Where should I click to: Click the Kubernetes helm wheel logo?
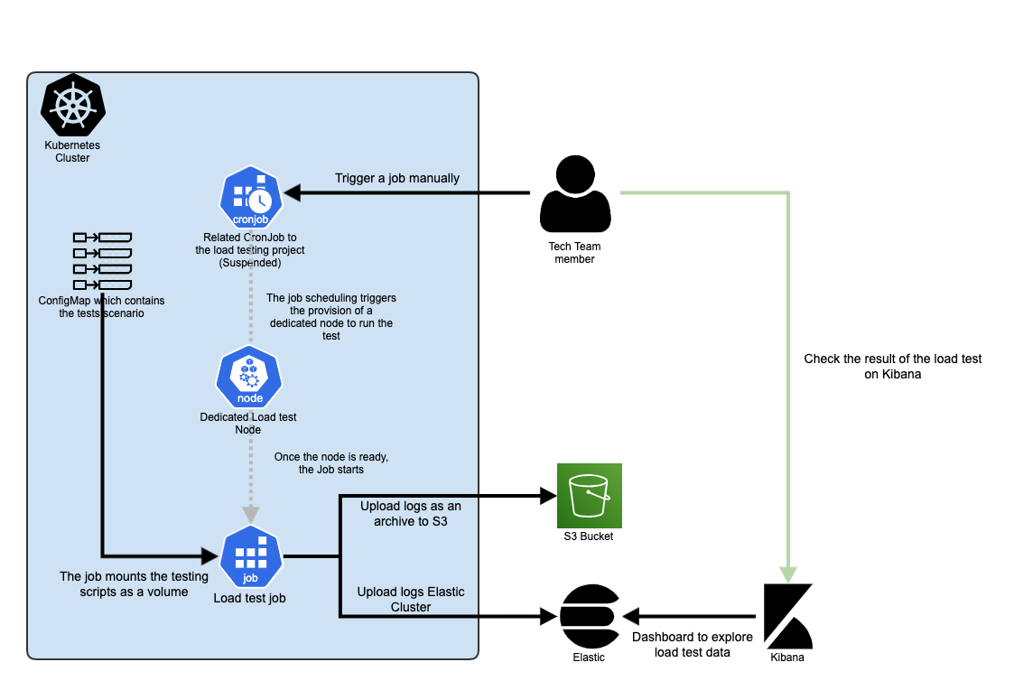[x=73, y=106]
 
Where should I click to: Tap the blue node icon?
[x=250, y=378]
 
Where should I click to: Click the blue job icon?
[x=251, y=556]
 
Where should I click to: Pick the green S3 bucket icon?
[x=590, y=495]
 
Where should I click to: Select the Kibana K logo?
[x=788, y=616]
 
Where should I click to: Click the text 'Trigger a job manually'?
[x=397, y=178]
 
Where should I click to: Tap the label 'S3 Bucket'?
[x=589, y=536]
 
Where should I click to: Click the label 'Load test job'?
[x=251, y=597]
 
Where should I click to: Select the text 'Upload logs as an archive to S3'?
[x=410, y=513]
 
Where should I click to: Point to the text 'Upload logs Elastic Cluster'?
[x=411, y=599]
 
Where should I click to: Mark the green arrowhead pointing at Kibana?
[x=788, y=574]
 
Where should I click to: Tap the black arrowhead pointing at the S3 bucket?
[x=547, y=495]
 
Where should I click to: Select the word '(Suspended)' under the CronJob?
[x=250, y=263]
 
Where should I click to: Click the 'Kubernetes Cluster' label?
[x=72, y=151]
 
